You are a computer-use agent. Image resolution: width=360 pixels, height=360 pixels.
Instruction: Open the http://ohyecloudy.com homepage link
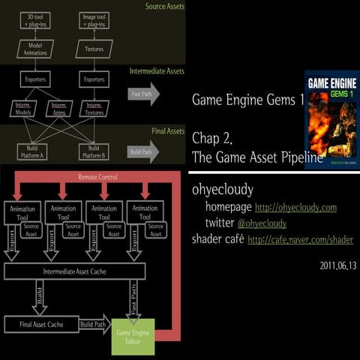[x=295, y=207]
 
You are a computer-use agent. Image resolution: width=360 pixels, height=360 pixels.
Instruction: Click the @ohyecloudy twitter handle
[x=262, y=223]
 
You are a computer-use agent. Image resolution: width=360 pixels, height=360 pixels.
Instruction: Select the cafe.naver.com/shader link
[x=300, y=240]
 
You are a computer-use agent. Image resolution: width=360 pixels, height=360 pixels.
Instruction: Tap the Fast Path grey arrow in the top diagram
[x=143, y=94]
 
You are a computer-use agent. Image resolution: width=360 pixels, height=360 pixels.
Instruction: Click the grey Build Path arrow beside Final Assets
[x=143, y=151]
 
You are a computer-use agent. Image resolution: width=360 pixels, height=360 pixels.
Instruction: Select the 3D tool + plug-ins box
[x=34, y=19]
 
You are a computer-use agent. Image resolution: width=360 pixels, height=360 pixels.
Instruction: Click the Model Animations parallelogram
[x=34, y=49]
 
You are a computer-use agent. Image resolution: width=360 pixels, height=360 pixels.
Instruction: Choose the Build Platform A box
[x=34, y=151]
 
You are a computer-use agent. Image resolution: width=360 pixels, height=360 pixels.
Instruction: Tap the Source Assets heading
[x=165, y=7]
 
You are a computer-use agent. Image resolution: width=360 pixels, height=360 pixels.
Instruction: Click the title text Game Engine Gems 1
[x=236, y=99]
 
